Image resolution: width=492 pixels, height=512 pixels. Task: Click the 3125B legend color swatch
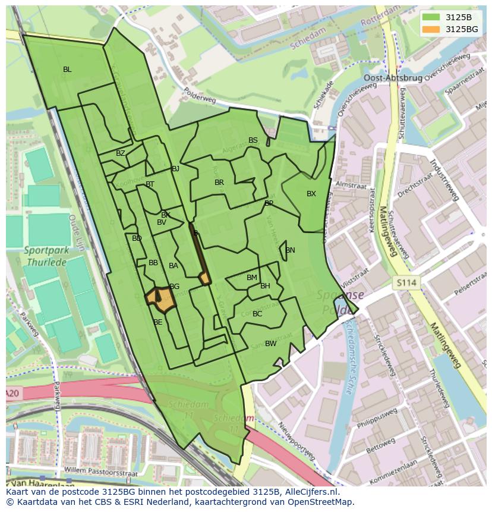431,17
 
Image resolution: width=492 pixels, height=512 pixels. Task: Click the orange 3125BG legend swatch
431,29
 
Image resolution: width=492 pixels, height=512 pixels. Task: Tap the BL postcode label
67,70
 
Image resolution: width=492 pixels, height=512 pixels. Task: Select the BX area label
311,194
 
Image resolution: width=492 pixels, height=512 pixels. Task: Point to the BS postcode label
253,140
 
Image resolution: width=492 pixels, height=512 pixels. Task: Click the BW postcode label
270,344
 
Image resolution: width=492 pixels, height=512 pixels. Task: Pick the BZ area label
121,153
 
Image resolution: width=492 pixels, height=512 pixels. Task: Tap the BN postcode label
290,250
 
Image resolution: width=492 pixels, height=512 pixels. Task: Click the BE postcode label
158,322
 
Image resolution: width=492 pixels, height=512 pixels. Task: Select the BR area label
219,183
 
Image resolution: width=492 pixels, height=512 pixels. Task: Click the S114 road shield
406,284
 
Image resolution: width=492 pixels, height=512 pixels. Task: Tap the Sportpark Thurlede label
47,256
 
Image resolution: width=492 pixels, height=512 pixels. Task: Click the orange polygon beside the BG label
161,300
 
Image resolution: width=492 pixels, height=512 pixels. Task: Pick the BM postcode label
252,278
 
